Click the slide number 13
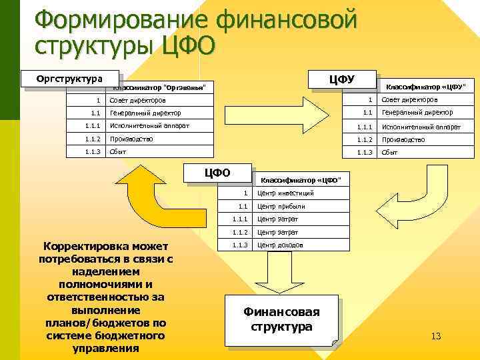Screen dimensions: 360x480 click(436, 335)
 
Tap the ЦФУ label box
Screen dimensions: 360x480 click(342, 79)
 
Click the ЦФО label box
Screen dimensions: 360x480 click(217, 173)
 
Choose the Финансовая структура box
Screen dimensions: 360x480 click(281, 319)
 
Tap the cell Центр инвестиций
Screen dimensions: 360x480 click(285, 193)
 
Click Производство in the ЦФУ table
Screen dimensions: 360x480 click(403, 139)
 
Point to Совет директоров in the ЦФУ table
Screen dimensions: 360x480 click(409, 100)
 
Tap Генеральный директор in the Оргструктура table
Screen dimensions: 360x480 click(145, 113)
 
